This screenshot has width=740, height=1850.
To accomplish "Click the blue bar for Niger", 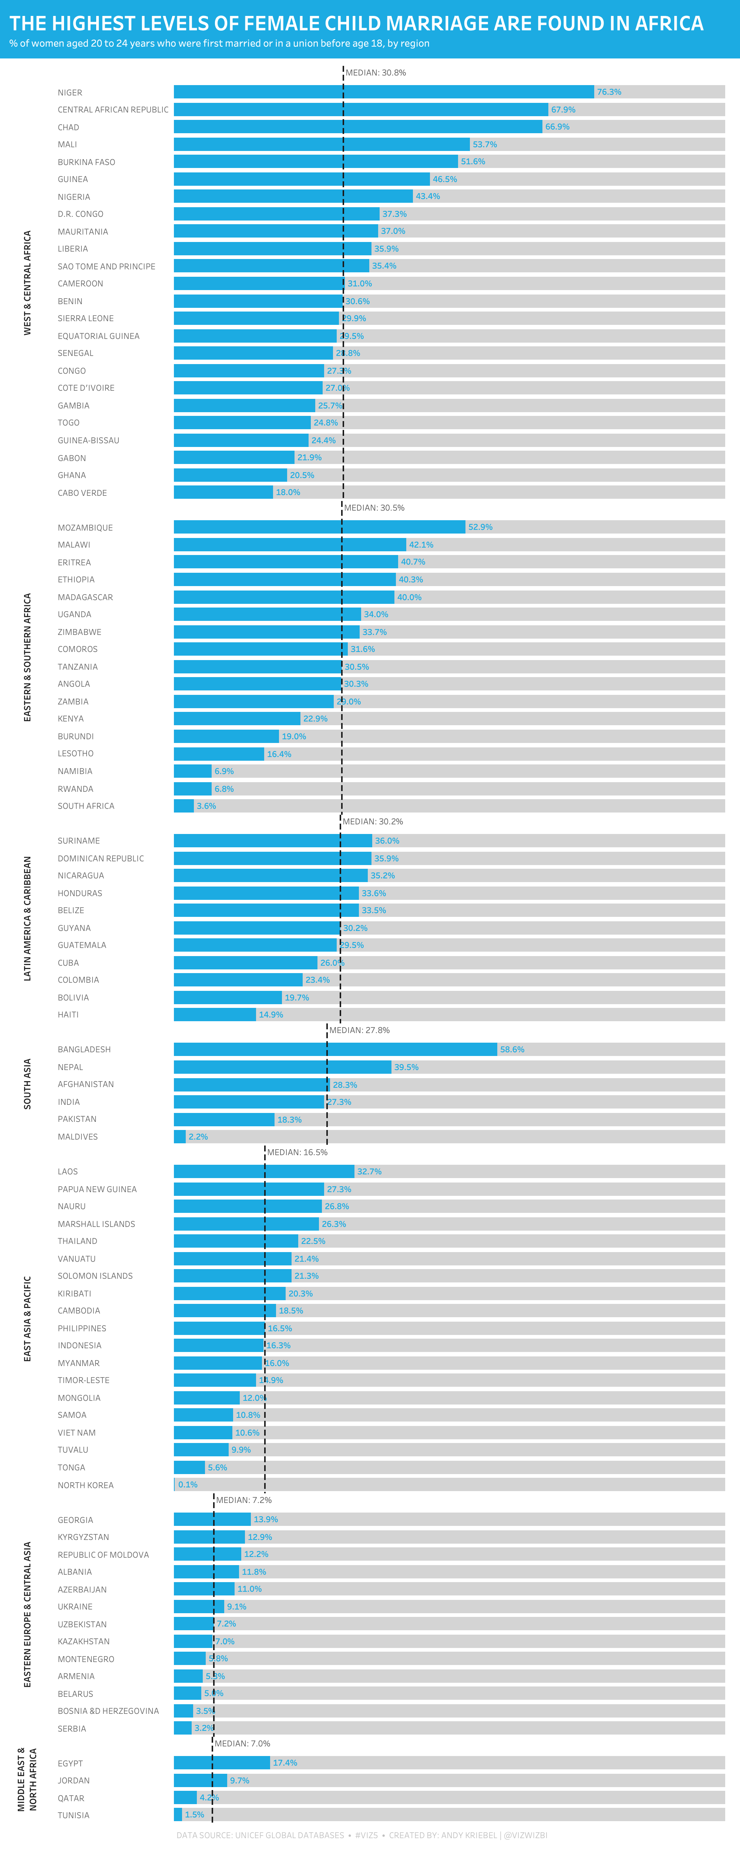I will (384, 92).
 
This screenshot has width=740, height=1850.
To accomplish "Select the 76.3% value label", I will (609, 92).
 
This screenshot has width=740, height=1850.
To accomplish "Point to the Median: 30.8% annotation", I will (376, 73).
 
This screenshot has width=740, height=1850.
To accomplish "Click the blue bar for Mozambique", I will (320, 527).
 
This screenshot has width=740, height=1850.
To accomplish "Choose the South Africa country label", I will (86, 806).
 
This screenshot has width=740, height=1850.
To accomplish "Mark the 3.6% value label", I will (206, 806).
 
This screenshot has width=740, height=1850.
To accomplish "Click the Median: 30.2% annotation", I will (373, 821).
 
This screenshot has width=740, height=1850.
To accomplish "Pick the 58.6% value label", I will (512, 1049).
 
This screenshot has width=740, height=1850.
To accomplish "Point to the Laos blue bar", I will (264, 1171).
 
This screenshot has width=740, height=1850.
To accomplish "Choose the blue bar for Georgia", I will (212, 1519).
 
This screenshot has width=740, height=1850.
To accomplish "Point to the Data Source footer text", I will (260, 1835).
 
